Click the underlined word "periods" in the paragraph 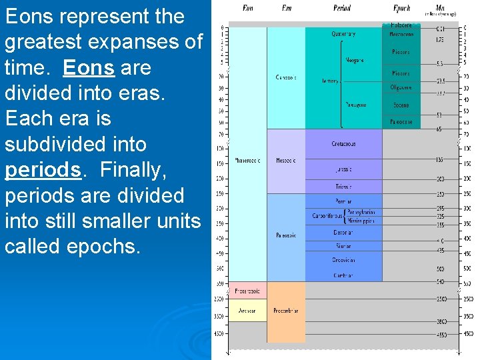(43, 170)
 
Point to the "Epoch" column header (401, 7)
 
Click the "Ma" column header (441, 7)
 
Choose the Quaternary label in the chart (343, 34)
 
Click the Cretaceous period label (343, 144)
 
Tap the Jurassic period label (343, 170)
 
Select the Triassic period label (343, 187)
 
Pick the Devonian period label (343, 233)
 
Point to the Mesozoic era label (286, 161)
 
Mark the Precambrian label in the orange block (286, 311)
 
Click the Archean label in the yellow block (247, 311)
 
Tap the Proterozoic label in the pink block (247, 291)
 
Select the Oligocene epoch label (401, 87)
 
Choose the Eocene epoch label (401, 105)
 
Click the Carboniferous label (327, 216)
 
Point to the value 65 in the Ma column (439, 129)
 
